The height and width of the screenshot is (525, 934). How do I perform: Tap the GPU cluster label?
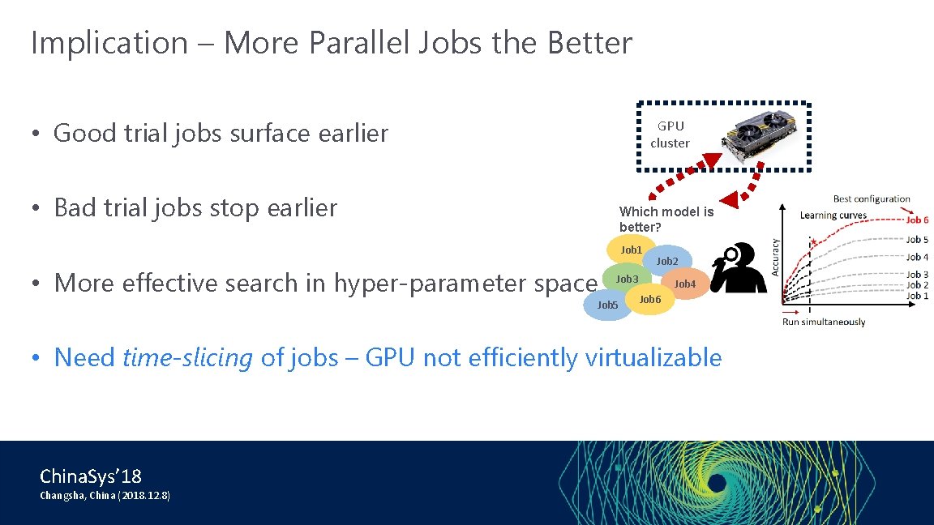(x=670, y=134)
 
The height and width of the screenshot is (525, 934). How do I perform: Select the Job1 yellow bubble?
(x=630, y=250)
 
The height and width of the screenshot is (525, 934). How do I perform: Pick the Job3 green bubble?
(x=626, y=279)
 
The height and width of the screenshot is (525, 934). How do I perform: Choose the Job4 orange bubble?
(x=686, y=284)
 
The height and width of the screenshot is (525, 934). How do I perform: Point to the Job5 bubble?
(x=606, y=305)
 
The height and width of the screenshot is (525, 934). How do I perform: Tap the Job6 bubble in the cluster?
(x=650, y=301)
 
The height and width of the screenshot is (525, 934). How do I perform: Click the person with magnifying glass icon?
(x=739, y=268)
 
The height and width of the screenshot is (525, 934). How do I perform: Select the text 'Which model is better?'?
(x=666, y=219)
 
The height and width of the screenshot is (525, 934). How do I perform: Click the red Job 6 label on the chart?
(x=917, y=220)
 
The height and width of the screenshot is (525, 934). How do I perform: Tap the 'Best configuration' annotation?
(x=872, y=198)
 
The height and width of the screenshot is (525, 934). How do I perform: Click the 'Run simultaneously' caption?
(x=823, y=322)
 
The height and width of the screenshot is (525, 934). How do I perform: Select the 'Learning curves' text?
(x=833, y=215)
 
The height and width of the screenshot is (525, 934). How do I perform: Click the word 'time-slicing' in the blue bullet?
(x=187, y=357)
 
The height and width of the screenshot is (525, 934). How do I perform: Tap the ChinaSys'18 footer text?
(x=90, y=476)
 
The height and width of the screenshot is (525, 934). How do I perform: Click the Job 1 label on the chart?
(x=917, y=296)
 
